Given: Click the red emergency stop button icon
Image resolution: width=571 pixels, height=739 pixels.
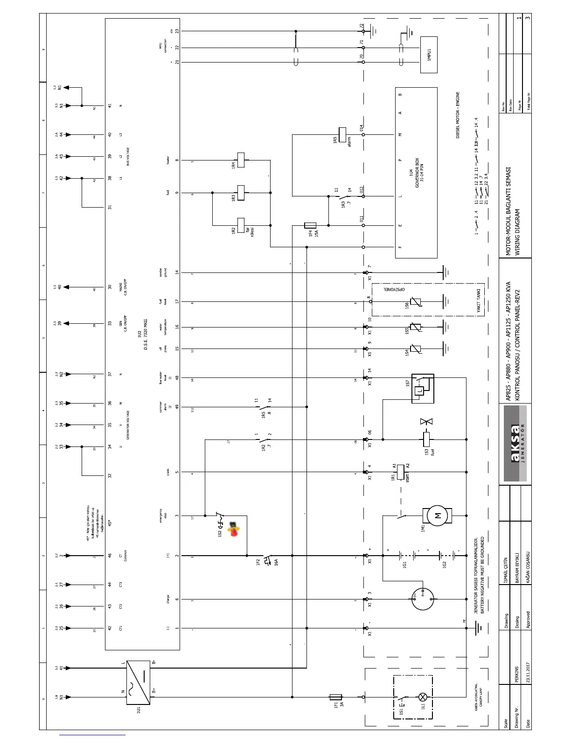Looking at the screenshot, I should [x=233, y=529].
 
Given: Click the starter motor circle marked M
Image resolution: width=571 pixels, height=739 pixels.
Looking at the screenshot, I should [x=437, y=516].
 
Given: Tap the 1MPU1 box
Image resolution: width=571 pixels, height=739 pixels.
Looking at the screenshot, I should [x=429, y=55].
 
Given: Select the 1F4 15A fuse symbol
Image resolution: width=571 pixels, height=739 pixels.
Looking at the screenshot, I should [x=310, y=225].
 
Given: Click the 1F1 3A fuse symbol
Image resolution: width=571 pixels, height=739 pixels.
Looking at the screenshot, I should [x=335, y=697].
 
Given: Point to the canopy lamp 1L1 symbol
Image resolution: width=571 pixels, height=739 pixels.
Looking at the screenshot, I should [x=423, y=697].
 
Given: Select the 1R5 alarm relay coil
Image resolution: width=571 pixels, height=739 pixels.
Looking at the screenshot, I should [x=342, y=134].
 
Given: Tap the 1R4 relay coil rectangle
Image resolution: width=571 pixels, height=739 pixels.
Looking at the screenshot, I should [x=241, y=160].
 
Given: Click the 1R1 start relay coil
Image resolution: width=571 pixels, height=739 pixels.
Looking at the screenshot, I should [x=400, y=472].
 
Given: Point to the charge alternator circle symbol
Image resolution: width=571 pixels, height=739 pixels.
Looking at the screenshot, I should [x=423, y=599].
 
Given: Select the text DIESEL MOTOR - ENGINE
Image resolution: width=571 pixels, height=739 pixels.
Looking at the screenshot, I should [x=458, y=115].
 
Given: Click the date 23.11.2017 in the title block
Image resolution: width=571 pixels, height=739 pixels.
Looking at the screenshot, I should [x=528, y=672].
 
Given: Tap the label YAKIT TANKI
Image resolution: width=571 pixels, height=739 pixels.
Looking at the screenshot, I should [x=479, y=300].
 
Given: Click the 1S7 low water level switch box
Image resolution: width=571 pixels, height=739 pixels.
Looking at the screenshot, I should [x=422, y=389].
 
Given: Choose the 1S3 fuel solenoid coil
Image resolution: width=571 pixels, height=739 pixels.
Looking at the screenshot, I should [x=426, y=439].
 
